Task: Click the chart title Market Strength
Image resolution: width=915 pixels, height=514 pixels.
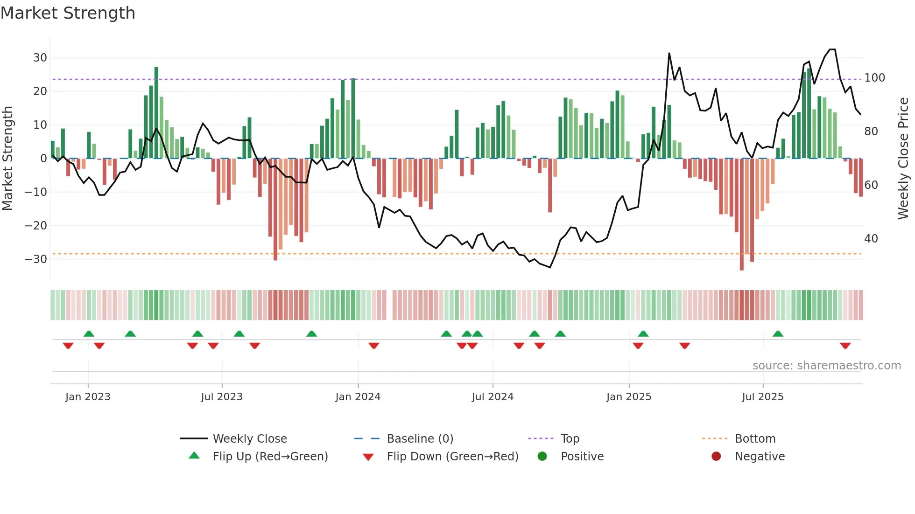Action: [68, 13]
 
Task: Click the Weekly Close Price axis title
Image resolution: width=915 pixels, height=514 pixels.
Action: [903, 158]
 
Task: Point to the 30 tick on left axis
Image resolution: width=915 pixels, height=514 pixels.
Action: [40, 58]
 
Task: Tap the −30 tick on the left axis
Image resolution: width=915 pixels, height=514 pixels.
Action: [36, 259]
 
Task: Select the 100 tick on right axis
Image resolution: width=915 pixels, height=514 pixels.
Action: [874, 78]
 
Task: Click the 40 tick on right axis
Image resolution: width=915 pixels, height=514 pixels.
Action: [871, 239]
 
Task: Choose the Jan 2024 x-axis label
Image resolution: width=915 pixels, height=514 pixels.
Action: [358, 397]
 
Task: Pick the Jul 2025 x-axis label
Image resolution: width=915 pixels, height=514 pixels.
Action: [762, 397]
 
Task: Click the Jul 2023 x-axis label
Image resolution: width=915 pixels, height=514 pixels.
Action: [221, 397]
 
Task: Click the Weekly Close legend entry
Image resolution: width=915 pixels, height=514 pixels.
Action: [249, 439]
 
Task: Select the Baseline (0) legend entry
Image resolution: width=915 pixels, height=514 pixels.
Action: [420, 439]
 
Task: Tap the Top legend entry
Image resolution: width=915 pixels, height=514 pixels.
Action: [570, 439]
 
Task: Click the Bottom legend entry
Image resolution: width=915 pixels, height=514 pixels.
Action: [755, 439]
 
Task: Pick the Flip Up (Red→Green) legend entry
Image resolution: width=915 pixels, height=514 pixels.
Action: [270, 457]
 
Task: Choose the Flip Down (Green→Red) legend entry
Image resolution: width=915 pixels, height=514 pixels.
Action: [452, 457]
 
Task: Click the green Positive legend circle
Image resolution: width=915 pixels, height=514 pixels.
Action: [542, 456]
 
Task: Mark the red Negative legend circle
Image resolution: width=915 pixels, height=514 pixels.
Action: [716, 456]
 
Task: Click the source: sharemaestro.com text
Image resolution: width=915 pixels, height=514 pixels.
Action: [826, 366]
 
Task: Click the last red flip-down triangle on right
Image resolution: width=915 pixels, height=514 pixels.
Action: [845, 346]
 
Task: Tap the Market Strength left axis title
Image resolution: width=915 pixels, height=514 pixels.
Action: [7, 158]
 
